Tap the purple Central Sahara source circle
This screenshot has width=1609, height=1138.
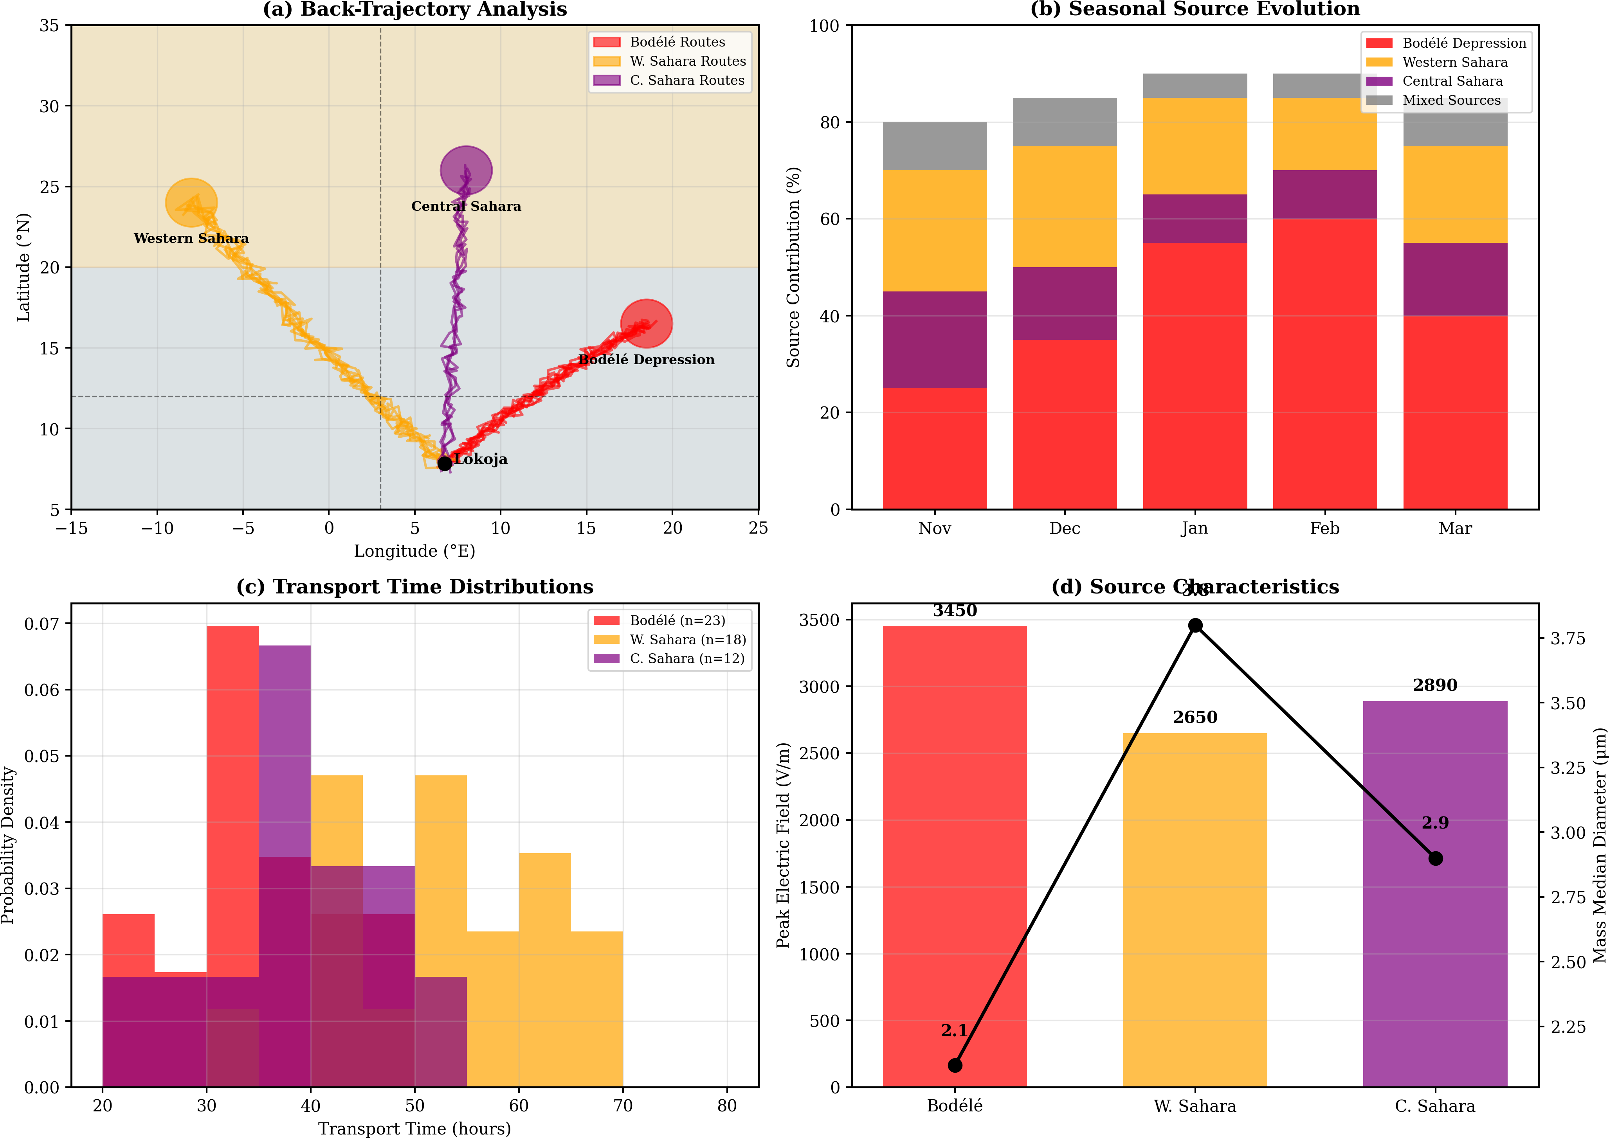(466, 169)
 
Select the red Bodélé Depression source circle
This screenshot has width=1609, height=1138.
(647, 323)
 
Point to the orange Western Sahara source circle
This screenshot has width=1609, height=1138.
(191, 203)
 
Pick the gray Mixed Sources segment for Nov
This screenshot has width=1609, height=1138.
(935, 146)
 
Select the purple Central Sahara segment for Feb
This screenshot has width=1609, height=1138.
(1324, 194)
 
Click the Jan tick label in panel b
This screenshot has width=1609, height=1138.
(1194, 529)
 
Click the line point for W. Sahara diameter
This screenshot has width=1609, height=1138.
(1195, 625)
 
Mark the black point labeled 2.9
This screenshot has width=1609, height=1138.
(1435, 858)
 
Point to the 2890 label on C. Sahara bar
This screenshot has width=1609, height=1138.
(1435, 685)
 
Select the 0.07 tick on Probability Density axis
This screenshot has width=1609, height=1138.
(42, 624)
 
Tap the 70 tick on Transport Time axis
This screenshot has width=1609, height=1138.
(623, 1106)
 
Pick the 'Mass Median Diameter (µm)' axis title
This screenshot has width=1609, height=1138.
(1598, 845)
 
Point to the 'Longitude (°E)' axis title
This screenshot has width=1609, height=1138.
(414, 552)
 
